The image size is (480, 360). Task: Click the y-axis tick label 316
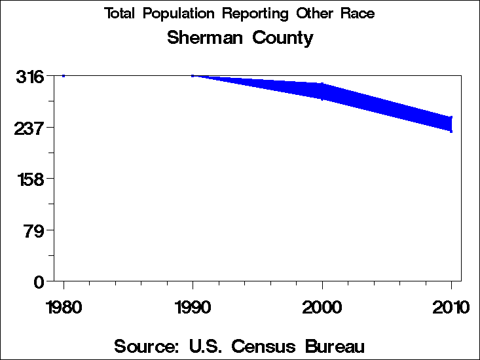tap(29, 77)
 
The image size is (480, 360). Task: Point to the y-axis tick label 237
tap(29, 128)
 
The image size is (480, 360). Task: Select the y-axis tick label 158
tap(29, 179)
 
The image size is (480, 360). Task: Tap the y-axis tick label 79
tap(34, 230)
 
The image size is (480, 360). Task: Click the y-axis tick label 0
tap(39, 281)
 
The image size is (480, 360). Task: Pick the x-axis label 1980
tap(64, 308)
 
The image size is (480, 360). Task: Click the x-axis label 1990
tap(193, 308)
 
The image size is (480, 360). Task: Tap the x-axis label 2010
tap(451, 308)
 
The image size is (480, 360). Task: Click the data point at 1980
tap(64, 76)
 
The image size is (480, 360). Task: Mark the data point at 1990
tap(193, 76)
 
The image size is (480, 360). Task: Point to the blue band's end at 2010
tap(451, 124)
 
